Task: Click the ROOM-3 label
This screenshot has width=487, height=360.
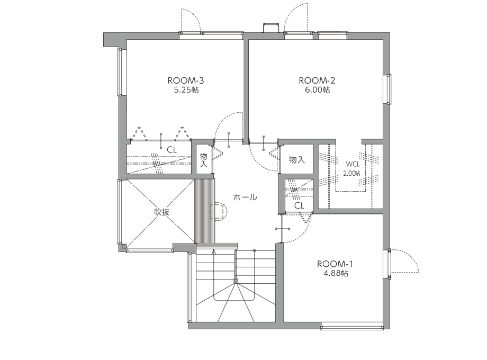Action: click(186, 80)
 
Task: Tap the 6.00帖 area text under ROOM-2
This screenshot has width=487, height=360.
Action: click(317, 90)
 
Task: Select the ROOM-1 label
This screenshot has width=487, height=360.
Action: click(335, 264)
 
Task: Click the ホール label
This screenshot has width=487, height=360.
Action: click(245, 197)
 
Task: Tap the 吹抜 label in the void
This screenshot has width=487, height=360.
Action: click(162, 212)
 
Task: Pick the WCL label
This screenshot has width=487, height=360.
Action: click(353, 164)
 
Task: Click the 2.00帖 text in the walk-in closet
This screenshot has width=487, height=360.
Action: click(351, 173)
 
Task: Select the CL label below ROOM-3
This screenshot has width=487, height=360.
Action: click(172, 150)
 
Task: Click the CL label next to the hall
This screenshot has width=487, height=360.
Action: click(299, 205)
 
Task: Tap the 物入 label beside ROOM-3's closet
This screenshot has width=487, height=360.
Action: click(204, 160)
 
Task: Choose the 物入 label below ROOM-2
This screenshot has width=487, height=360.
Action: click(297, 160)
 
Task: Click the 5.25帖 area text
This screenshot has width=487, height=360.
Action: click(186, 90)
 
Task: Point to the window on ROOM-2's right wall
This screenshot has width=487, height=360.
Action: click(389, 89)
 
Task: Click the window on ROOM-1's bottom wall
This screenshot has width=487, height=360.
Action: click(352, 327)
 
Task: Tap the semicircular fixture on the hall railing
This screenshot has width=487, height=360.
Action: click(220, 212)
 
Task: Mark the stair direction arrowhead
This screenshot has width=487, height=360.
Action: click(213, 251)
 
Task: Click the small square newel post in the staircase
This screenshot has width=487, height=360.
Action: click(236, 282)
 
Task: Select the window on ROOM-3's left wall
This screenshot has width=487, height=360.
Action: click(120, 72)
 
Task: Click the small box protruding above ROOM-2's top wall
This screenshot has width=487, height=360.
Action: click(271, 28)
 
